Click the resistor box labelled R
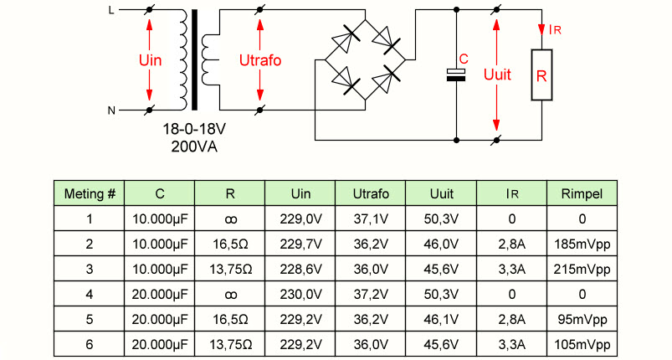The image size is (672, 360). pos(541,75)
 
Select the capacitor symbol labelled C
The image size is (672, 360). pos(456,75)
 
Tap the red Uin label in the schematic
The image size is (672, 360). pos(150,60)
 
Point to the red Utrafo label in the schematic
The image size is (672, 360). pos(260,60)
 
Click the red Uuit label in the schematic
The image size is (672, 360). pos(497,75)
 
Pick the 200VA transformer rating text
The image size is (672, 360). pos(194,147)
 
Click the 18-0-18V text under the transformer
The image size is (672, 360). pos(194,129)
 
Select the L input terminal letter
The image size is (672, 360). pos(111,10)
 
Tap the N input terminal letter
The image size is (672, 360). pos(111,111)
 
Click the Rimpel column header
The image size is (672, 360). pos(582,193)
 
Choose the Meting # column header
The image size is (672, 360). pos(90,193)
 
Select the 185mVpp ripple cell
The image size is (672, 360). pos(582,244)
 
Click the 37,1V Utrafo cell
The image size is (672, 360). pos(371,219)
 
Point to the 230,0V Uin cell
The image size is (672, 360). pos(301,295)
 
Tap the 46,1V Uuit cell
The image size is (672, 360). pos(441,319)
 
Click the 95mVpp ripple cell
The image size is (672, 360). pos(582,320)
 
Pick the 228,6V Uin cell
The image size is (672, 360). pos(301,269)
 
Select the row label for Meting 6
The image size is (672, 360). pos(90,345)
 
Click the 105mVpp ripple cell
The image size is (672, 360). pos(582,345)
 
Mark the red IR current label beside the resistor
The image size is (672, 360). pos(555,29)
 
